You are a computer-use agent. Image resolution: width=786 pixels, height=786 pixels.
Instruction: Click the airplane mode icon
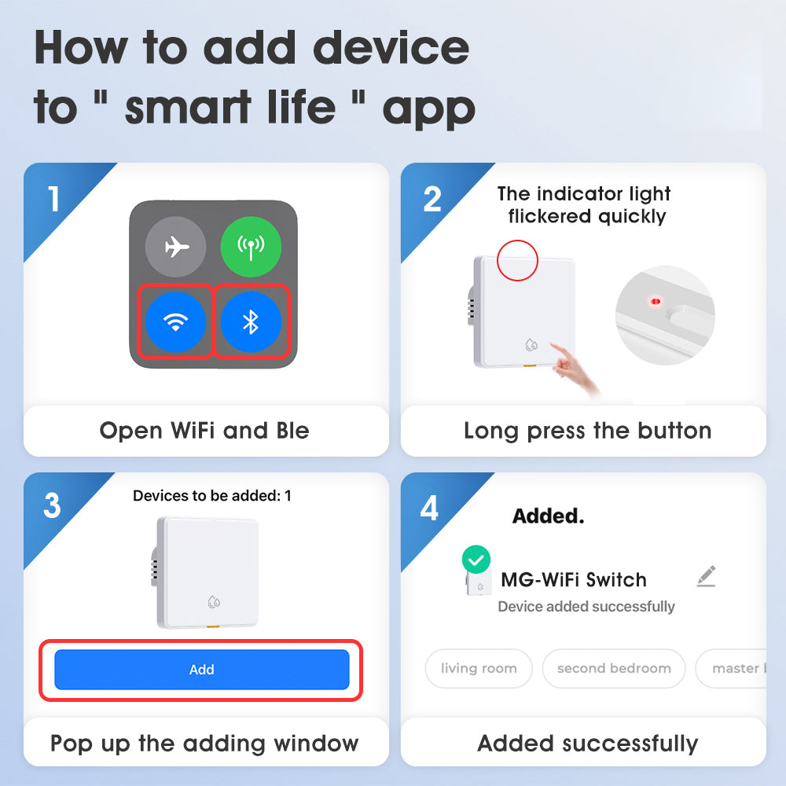click(176, 248)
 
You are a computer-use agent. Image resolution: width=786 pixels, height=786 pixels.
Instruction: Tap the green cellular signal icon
click(250, 248)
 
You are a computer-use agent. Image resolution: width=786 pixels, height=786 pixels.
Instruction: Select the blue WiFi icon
click(176, 322)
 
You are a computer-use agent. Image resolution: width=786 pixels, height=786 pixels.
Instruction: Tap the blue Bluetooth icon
click(251, 322)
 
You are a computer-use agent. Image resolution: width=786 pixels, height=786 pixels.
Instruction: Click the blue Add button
click(201, 670)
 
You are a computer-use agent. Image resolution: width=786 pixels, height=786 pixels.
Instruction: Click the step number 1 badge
click(53, 199)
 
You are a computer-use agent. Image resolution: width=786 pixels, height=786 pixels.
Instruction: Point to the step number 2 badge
click(432, 199)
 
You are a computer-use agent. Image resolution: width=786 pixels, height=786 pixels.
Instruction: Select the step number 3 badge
click(52, 506)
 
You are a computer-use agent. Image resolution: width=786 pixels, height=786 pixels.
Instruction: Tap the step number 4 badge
click(429, 508)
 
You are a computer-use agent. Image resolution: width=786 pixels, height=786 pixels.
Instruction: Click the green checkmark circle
click(476, 560)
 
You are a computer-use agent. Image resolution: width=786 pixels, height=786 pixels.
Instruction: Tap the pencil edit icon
click(706, 576)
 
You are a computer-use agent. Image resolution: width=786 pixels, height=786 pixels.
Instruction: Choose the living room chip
click(479, 669)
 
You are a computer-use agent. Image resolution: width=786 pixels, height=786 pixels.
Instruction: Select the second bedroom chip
click(614, 669)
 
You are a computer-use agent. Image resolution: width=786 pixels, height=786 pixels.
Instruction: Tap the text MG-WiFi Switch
click(574, 580)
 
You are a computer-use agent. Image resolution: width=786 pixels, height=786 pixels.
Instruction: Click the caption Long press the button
click(587, 431)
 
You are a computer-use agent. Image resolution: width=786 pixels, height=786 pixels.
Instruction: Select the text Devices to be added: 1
click(212, 496)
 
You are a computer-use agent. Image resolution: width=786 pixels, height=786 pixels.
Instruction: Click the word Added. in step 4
click(548, 516)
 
